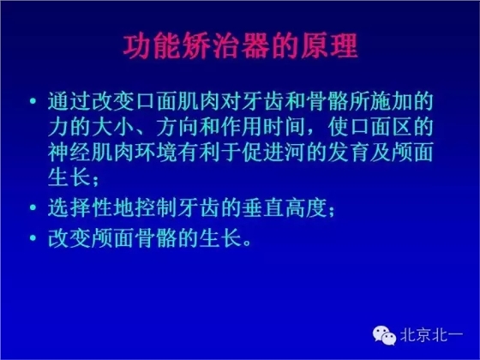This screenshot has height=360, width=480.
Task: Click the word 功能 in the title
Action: click(x=135, y=46)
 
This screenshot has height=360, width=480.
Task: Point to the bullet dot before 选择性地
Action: click(x=33, y=207)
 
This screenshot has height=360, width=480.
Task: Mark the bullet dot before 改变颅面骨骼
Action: click(x=33, y=237)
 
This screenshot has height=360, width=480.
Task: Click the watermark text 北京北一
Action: click(x=432, y=335)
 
